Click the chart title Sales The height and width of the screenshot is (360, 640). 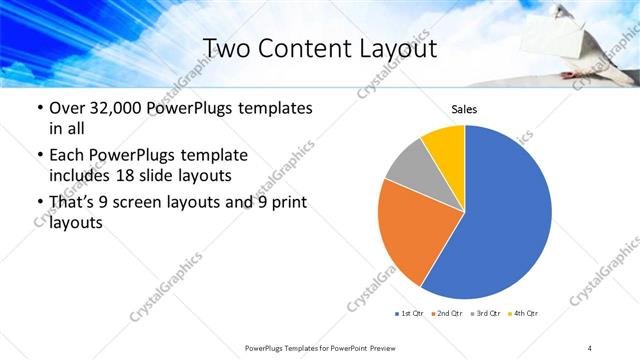pos(463,108)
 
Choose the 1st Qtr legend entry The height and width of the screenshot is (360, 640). pos(410,314)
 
